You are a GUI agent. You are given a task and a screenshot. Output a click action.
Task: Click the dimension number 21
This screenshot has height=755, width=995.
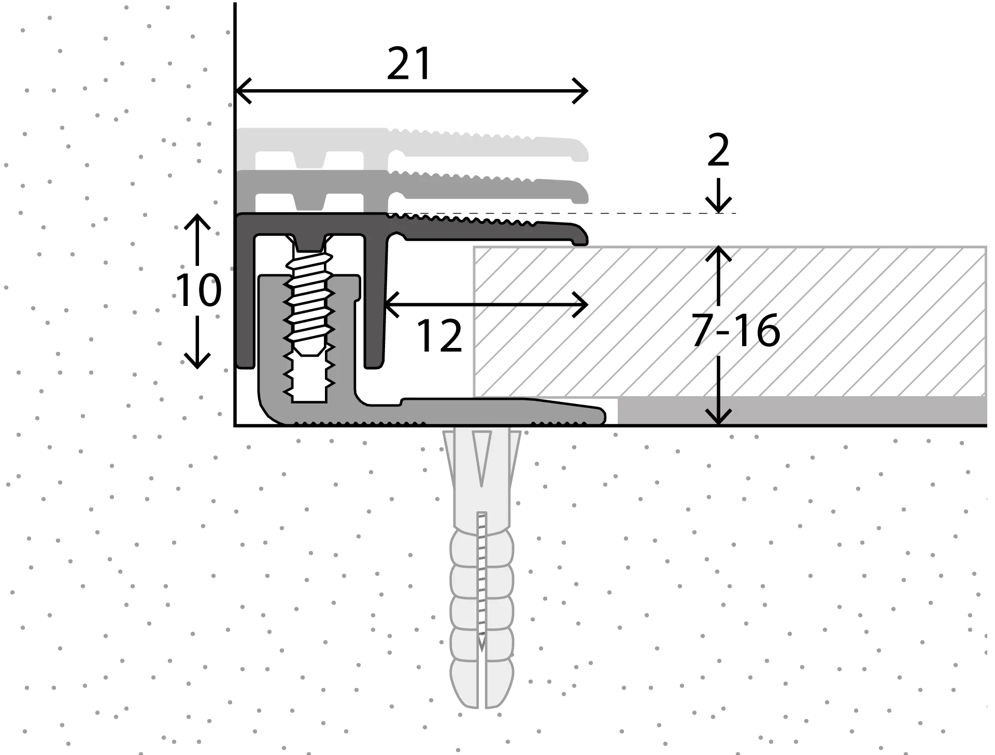(x=409, y=64)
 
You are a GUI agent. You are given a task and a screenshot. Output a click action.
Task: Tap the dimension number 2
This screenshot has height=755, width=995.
(x=718, y=150)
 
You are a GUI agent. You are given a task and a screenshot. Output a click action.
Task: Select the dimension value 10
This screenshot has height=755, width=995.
(x=198, y=290)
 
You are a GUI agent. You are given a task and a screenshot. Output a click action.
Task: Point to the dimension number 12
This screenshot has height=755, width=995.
(x=439, y=337)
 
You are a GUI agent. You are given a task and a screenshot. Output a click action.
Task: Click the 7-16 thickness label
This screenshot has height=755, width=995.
(x=736, y=331)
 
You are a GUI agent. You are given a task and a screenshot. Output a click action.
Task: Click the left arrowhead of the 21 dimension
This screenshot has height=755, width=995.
(x=244, y=91)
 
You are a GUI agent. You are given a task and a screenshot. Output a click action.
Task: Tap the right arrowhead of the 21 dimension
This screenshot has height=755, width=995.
(x=580, y=91)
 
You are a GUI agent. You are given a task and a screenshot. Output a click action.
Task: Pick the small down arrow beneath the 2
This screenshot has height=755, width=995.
(x=718, y=196)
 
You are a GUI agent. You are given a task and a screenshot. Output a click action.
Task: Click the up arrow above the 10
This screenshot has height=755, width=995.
(x=197, y=239)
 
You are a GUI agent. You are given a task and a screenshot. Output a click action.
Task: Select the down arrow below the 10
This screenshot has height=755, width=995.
(x=197, y=342)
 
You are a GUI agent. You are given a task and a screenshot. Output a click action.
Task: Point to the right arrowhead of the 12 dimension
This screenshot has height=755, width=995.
(x=580, y=304)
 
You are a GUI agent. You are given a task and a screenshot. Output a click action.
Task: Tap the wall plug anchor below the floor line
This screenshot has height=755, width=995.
(x=481, y=568)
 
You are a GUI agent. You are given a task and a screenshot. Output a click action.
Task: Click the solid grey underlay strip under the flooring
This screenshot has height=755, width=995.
(x=802, y=411)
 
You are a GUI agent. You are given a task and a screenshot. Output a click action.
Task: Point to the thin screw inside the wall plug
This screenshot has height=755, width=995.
(x=482, y=581)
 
